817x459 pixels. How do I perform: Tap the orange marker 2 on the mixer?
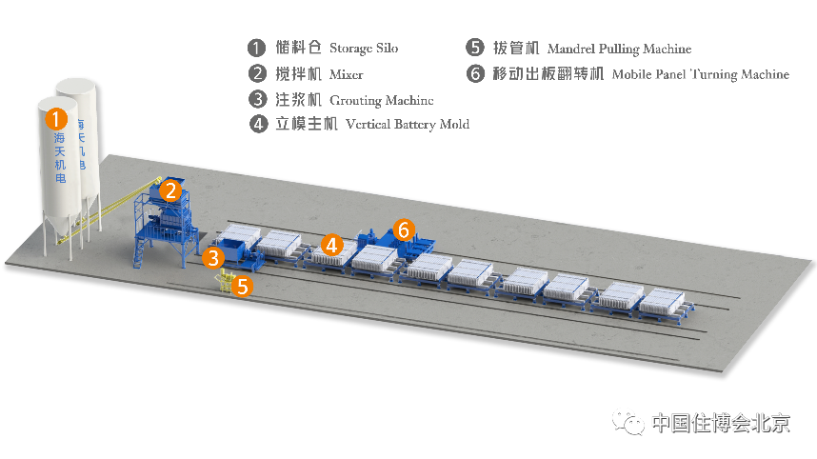[170, 190]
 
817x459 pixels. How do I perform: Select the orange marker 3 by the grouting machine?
[213, 257]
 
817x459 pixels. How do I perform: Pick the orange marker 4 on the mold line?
[331, 245]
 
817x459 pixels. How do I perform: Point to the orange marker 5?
[243, 285]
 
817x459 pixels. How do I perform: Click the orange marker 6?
[404, 229]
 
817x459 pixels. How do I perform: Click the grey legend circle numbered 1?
[255, 48]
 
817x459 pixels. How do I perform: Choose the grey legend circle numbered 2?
[255, 73]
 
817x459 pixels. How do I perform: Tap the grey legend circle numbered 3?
[255, 99]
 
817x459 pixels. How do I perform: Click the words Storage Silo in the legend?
[364, 49]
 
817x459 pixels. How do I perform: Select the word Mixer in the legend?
[347, 73]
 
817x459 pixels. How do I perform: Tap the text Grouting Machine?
[381, 99]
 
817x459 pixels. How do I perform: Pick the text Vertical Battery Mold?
[408, 125]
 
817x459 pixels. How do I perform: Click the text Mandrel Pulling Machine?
[619, 49]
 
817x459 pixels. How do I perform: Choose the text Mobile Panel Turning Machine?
[701, 74]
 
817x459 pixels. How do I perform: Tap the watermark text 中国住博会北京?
[720, 423]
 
